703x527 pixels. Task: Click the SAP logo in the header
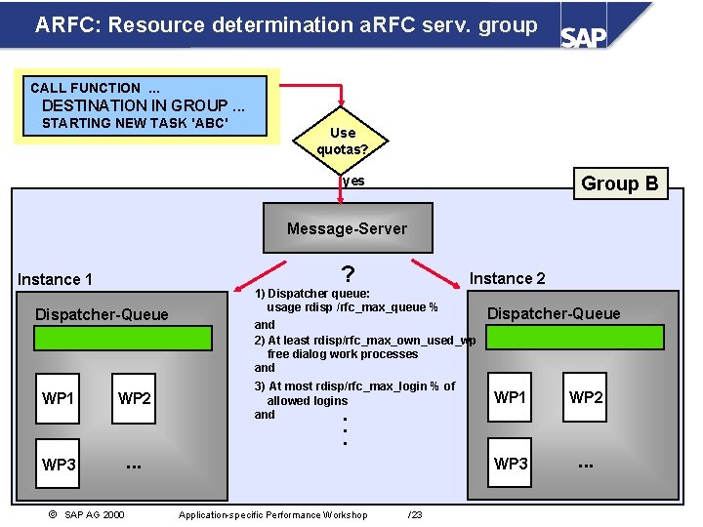point(584,36)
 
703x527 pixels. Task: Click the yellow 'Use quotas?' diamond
point(343,141)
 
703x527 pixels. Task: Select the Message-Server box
point(348,228)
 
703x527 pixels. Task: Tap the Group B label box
point(619,183)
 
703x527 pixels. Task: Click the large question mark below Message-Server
point(348,275)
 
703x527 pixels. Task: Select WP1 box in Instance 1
point(59,398)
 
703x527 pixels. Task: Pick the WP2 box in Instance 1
point(135,398)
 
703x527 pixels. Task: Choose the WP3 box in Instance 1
point(59,465)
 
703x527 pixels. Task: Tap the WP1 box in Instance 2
point(511,397)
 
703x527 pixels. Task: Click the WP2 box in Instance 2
point(586,397)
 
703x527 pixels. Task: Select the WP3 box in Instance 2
point(511,464)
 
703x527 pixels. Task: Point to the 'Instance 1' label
point(55,280)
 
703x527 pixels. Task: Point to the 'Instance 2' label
point(508,278)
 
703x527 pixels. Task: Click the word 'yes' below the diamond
point(354,182)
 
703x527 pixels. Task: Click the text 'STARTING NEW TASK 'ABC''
point(135,123)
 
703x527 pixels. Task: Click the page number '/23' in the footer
point(415,514)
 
